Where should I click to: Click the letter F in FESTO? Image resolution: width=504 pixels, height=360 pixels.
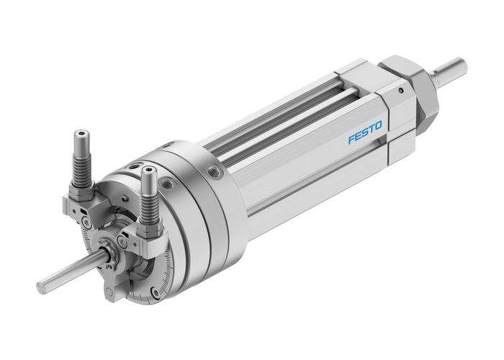coord(352,140)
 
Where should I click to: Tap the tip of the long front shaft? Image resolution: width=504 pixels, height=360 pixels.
coord(43,287)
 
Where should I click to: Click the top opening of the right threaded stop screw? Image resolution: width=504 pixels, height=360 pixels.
coord(148,171)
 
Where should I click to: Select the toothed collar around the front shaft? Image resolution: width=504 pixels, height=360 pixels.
coord(114,254)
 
